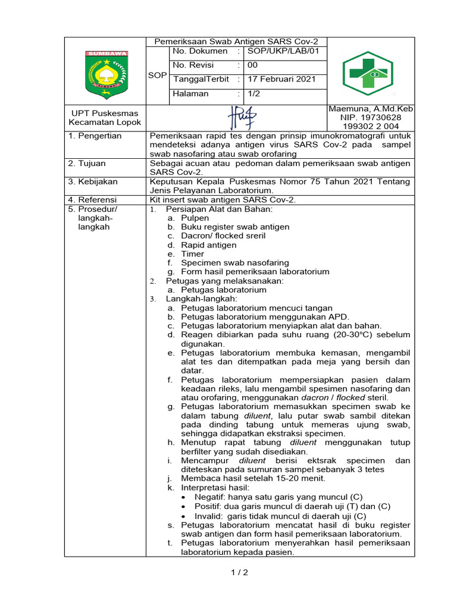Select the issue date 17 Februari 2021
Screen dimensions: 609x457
pyautogui.click(x=281, y=79)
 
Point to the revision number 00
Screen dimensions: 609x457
pyautogui.click(x=253, y=65)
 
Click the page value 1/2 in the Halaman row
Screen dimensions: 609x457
pyautogui.click(x=254, y=93)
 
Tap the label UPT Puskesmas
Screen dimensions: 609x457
pyautogui.click(x=105, y=113)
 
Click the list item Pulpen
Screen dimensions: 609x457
pyautogui.click(x=195, y=218)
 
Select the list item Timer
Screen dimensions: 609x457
pyautogui.click(x=192, y=254)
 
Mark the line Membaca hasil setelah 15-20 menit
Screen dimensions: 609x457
pyautogui.click(x=253, y=478)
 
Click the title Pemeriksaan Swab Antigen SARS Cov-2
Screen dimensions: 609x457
pyautogui.click(x=236, y=42)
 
